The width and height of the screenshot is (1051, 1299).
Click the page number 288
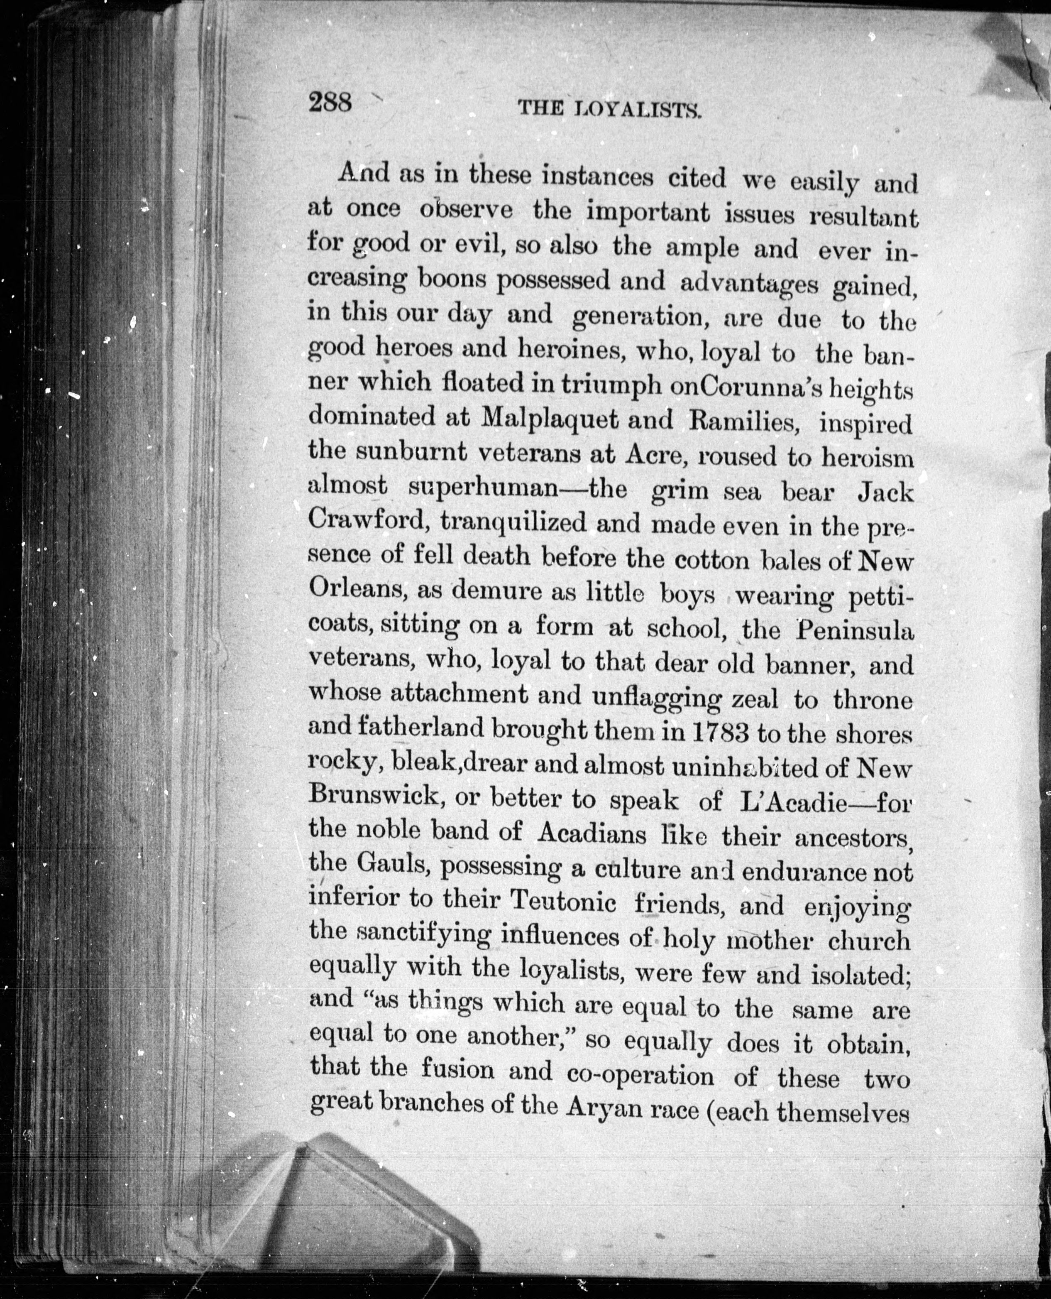(330, 101)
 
